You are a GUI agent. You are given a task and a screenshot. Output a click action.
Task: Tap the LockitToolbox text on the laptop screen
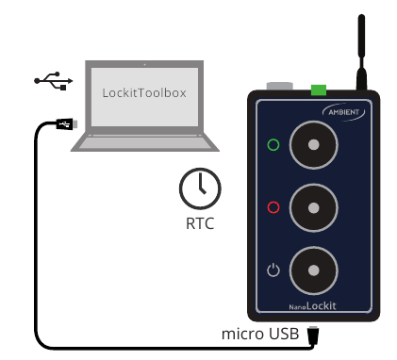[x=144, y=93]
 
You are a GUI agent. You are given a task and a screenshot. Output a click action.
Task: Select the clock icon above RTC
[x=200, y=188]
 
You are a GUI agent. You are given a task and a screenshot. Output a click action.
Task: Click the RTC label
[x=200, y=224]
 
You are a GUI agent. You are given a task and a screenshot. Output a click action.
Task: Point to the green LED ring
[x=273, y=145]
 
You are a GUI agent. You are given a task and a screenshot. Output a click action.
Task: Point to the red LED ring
[x=273, y=207]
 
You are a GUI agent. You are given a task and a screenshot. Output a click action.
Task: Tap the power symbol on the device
[x=273, y=270]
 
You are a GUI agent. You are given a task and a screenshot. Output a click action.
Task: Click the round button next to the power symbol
[x=314, y=270]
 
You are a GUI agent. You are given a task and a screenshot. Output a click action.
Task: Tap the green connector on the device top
[x=318, y=90]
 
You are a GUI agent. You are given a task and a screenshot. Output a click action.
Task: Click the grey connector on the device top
[x=280, y=88]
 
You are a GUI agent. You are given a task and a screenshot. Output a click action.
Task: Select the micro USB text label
[x=260, y=334]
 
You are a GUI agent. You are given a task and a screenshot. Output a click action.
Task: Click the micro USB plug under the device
[x=314, y=335]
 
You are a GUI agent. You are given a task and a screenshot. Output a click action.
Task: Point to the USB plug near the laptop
[x=63, y=124]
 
